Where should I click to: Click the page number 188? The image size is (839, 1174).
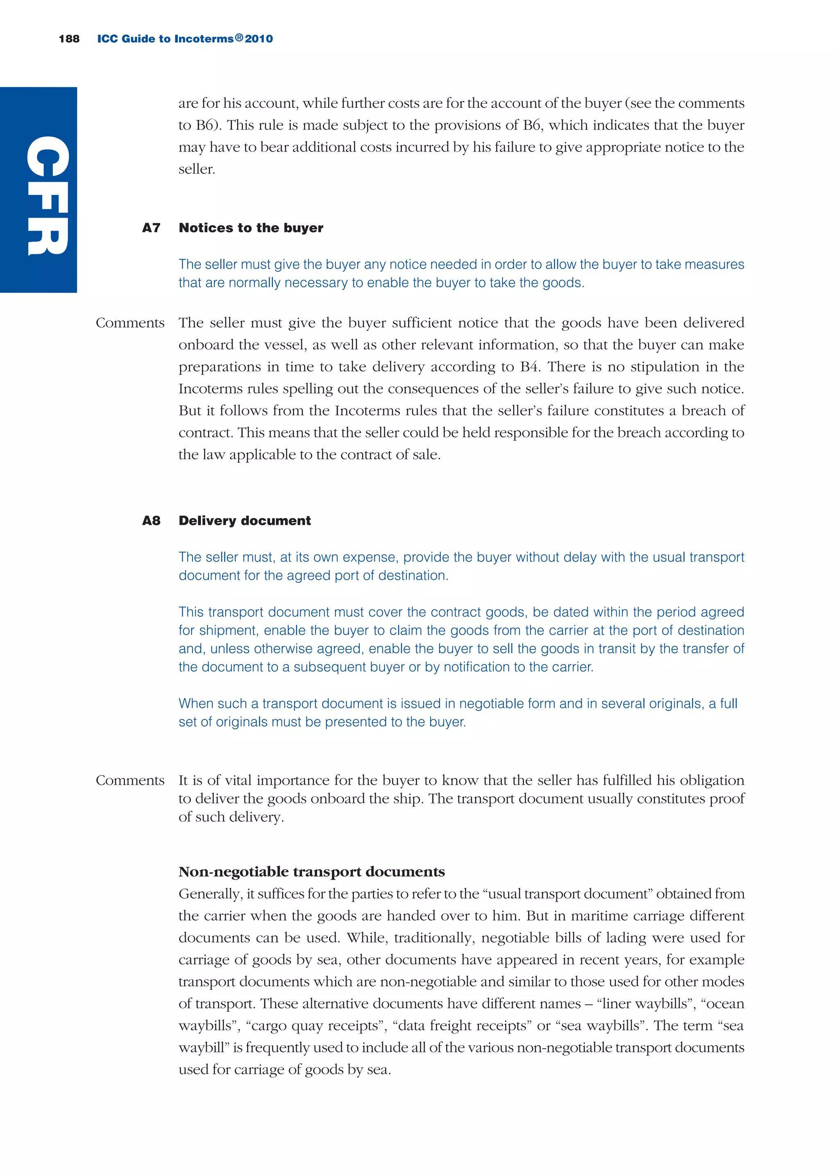(x=69, y=39)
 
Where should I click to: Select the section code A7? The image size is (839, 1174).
(x=151, y=228)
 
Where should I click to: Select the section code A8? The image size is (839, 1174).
(x=151, y=520)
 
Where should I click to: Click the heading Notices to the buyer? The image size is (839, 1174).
(x=251, y=228)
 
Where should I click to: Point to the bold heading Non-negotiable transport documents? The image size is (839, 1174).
(x=311, y=871)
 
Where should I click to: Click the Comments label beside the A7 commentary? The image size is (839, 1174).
(x=130, y=323)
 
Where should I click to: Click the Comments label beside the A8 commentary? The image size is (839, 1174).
(x=130, y=780)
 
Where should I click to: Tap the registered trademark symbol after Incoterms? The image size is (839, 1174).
(x=239, y=38)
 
